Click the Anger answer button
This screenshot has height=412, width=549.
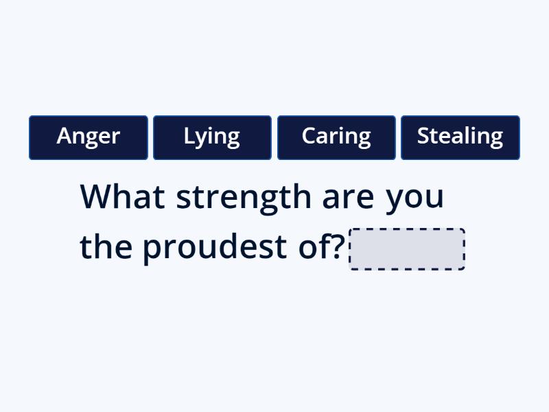(x=89, y=137)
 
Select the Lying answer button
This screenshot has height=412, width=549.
(x=212, y=137)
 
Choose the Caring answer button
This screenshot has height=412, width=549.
(x=336, y=137)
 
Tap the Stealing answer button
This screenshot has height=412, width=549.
(x=460, y=137)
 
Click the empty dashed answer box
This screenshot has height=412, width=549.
(x=407, y=249)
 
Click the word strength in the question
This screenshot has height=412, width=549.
(x=243, y=198)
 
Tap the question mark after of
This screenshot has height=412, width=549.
(x=338, y=247)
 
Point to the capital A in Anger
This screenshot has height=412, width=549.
(x=64, y=136)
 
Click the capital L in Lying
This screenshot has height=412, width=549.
(x=188, y=136)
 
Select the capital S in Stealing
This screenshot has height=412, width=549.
(x=423, y=136)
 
